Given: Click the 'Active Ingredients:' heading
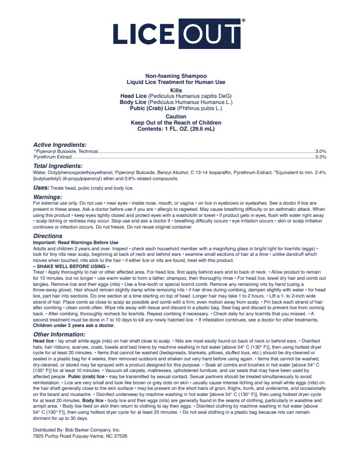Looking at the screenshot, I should [x=60, y=145].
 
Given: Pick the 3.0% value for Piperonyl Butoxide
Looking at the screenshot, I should [x=321, y=151].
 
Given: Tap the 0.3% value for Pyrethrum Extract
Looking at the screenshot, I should [x=321, y=157].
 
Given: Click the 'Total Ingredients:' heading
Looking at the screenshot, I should [x=58, y=166].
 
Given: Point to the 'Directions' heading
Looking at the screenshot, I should [x=48, y=236].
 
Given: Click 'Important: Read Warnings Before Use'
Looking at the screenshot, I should [x=76, y=242].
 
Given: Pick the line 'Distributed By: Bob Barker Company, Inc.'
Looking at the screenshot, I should [x=76, y=430].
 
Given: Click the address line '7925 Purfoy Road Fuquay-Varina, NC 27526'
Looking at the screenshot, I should [x=80, y=437].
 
